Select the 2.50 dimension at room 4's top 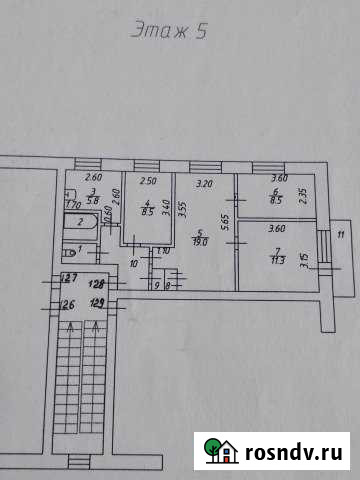pos(147,182)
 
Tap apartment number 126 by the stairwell pos(67,305)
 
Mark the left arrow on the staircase pos(69,323)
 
